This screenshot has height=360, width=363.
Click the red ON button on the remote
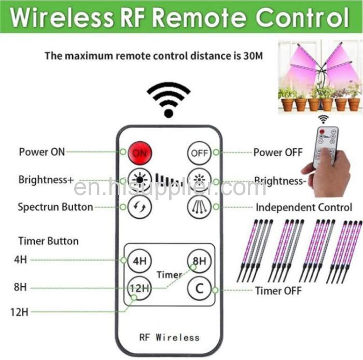coord(140,153)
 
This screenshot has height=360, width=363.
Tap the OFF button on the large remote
coord(199,153)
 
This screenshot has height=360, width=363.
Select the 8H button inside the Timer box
coord(199,261)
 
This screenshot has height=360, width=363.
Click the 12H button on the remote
coord(140,288)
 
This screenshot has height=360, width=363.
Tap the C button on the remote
coord(199,288)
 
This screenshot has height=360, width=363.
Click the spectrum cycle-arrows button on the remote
coord(140,207)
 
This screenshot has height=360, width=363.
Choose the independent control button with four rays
coord(199,207)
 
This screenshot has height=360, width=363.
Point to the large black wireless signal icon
coord(169,100)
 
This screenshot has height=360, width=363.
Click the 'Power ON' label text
coord(42,152)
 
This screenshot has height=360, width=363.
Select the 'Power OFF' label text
coord(278,153)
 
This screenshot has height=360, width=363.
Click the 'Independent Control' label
coord(304,207)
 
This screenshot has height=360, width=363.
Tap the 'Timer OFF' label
coord(278,290)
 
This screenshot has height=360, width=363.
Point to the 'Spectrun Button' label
coord(55,207)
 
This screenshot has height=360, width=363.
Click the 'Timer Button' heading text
coord(49,241)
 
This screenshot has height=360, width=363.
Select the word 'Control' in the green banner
coord(302,18)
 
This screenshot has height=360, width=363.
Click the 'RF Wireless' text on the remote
coord(170,338)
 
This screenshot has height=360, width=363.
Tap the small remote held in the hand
coord(326,146)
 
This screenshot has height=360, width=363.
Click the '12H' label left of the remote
coord(20,312)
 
